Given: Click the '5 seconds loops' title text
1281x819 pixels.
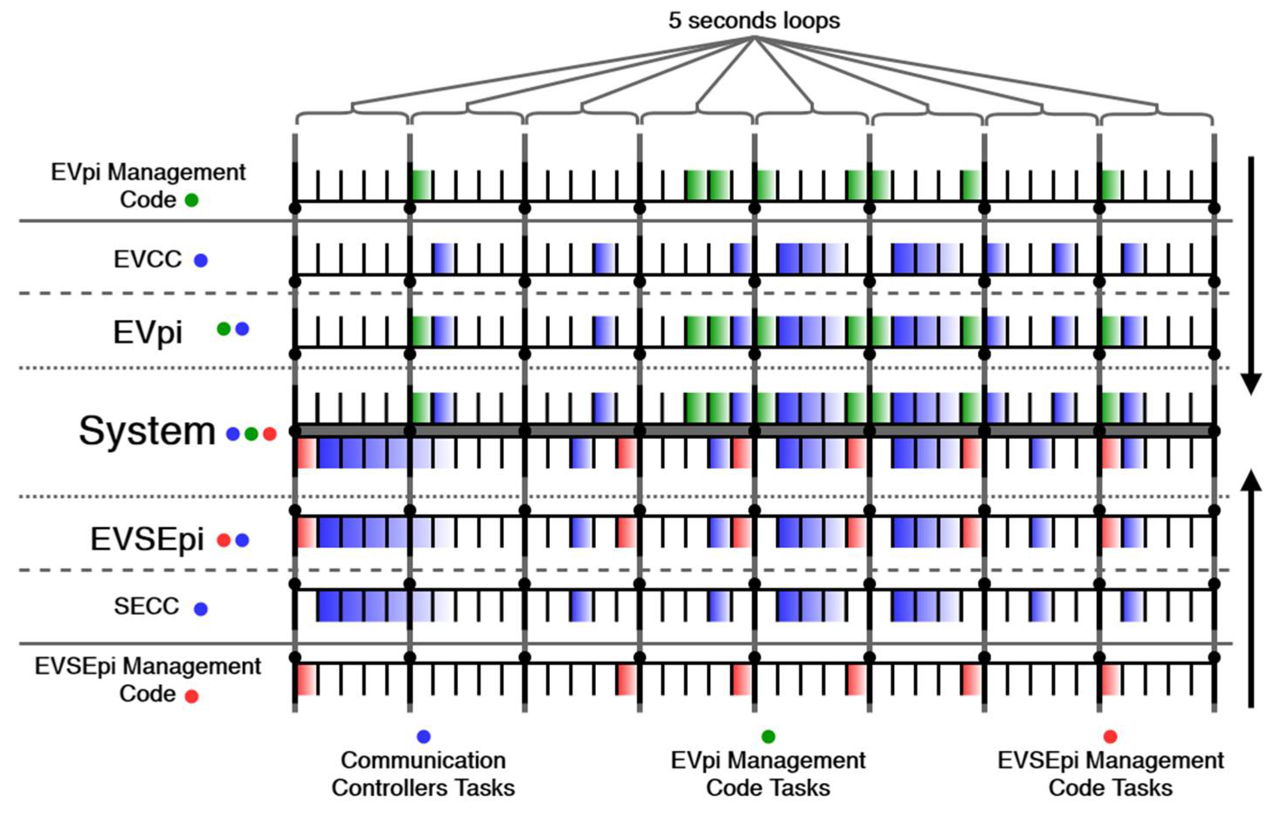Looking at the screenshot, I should [754, 21].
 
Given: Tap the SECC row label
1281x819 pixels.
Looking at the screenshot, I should [146, 606].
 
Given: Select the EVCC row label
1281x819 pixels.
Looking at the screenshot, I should [147, 260].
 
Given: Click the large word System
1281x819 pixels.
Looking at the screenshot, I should [147, 431].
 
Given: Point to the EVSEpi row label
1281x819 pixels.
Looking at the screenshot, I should [147, 539].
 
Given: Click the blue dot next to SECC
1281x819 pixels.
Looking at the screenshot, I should [201, 609].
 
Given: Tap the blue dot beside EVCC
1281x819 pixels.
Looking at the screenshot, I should [201, 260].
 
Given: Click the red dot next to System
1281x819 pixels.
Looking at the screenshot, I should [270, 434].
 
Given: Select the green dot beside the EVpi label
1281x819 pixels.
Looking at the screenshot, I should [224, 329].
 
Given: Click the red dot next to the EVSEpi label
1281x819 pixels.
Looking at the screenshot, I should [224, 540].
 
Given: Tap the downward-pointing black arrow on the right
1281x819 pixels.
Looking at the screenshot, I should [1251, 276].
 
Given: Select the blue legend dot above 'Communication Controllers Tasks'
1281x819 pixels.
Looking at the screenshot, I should [423, 737].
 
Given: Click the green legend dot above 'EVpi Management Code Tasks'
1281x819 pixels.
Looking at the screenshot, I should [768, 737].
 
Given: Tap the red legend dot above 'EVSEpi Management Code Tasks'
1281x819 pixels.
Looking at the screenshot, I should [1110, 737].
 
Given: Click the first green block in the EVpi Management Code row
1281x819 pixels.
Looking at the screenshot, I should [422, 185].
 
